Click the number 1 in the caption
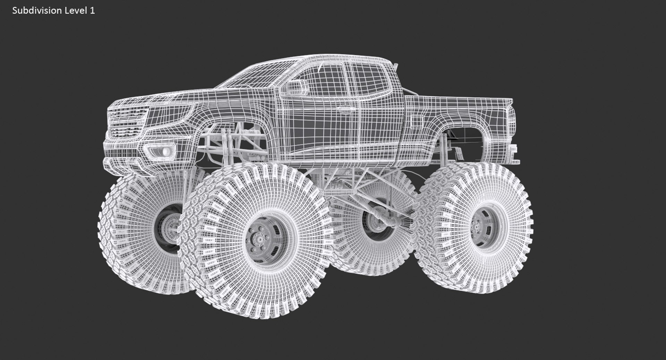(x=92, y=11)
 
